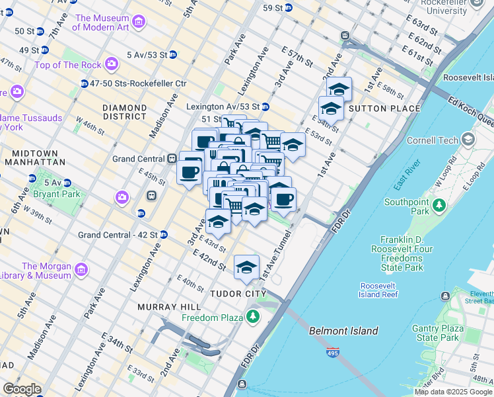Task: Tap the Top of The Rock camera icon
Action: click(x=112, y=64)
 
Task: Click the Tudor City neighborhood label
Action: click(x=238, y=294)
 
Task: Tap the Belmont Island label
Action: click(x=343, y=331)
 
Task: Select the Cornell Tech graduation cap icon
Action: click(x=469, y=140)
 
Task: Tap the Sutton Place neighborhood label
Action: click(x=384, y=109)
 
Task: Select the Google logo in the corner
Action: click(x=22, y=389)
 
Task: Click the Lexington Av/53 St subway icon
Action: click(x=265, y=107)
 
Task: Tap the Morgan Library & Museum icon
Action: click(x=81, y=270)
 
